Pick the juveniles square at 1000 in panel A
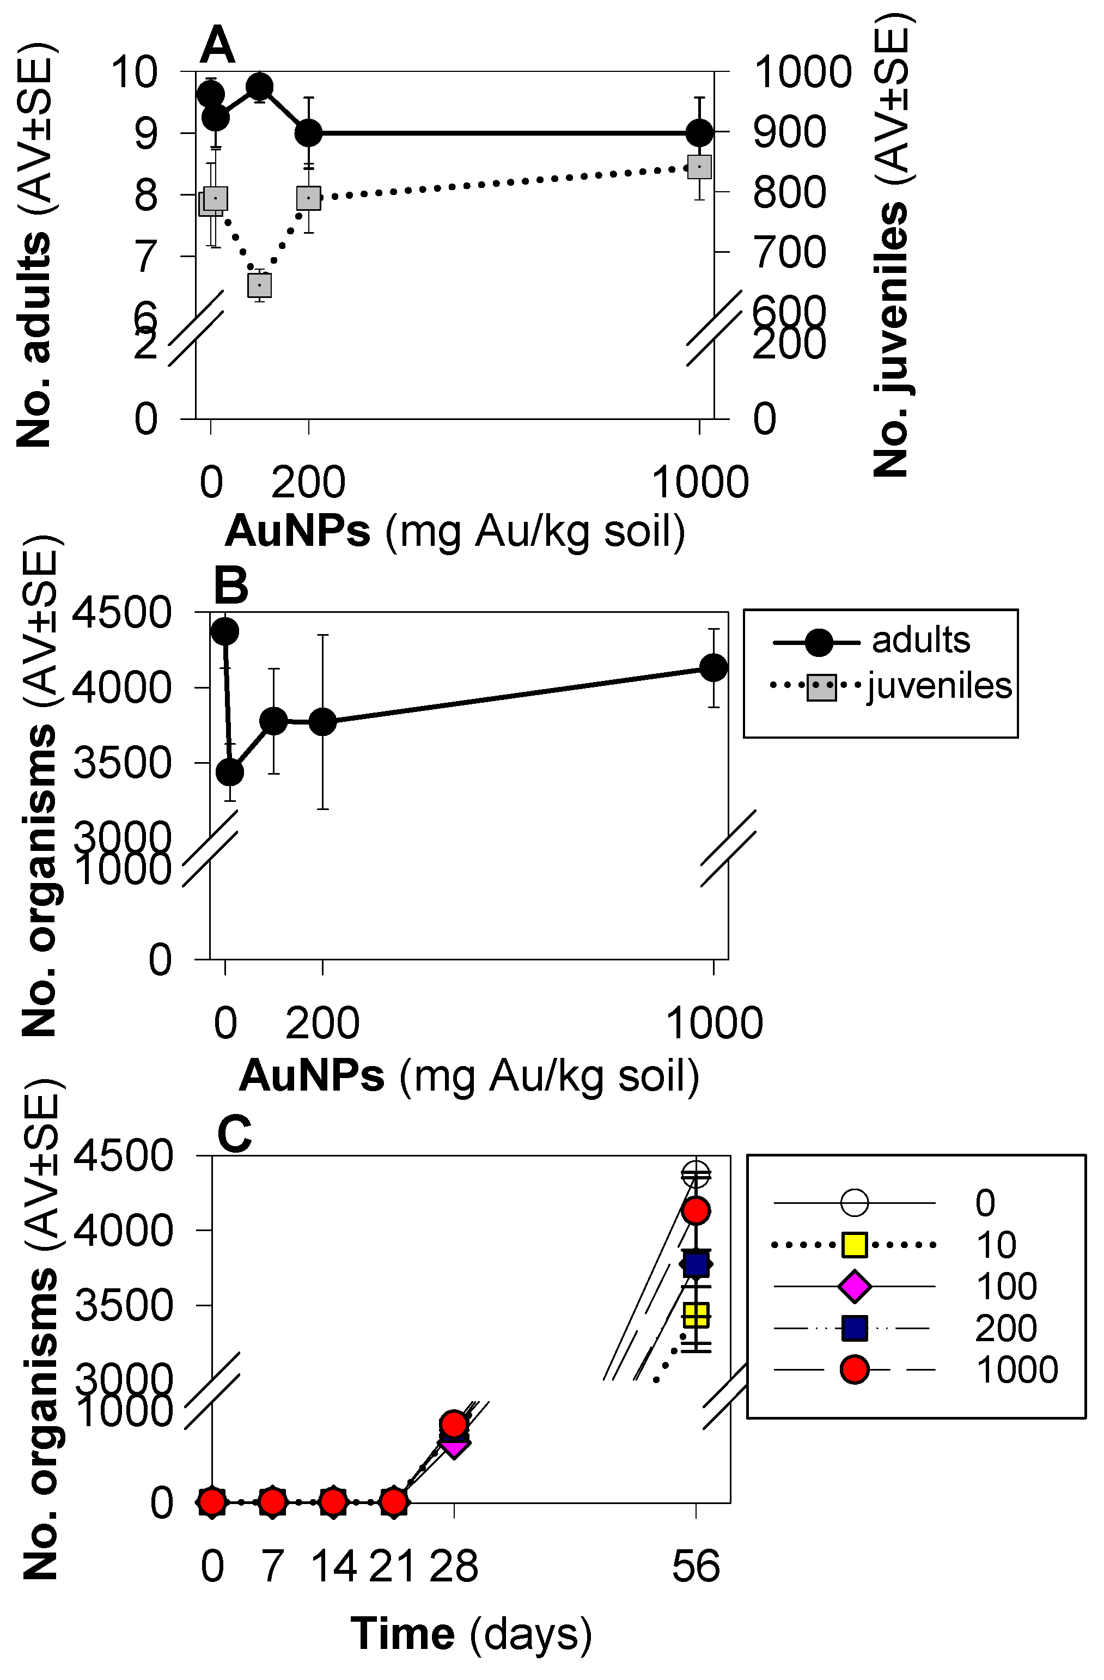699,167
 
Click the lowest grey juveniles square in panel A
260,285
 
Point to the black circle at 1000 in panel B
713,667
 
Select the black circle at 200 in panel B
322,721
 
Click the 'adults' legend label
920,640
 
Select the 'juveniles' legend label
940,685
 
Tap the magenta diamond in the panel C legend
854,1286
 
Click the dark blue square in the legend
854,1329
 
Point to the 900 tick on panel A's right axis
789,132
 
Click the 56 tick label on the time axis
696,1566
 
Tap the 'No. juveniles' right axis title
891,339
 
